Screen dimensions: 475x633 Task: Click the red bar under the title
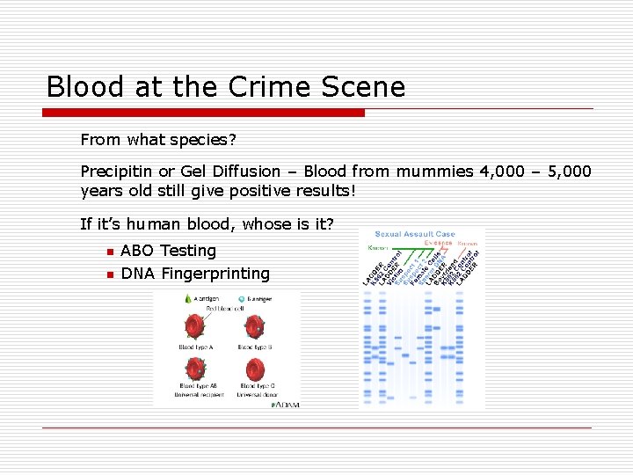point(203,113)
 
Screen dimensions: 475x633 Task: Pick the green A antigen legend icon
point(187,298)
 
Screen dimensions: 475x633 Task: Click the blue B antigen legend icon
point(240,298)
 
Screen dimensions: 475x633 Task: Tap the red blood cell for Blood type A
point(198,327)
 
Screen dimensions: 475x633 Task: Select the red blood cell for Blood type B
point(255,327)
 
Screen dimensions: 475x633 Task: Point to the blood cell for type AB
point(198,369)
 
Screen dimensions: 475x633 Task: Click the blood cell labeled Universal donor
point(255,369)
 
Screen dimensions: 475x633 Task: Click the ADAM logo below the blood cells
point(286,404)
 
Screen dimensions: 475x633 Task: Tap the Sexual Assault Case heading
point(415,234)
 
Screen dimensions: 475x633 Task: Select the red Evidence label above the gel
point(438,243)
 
